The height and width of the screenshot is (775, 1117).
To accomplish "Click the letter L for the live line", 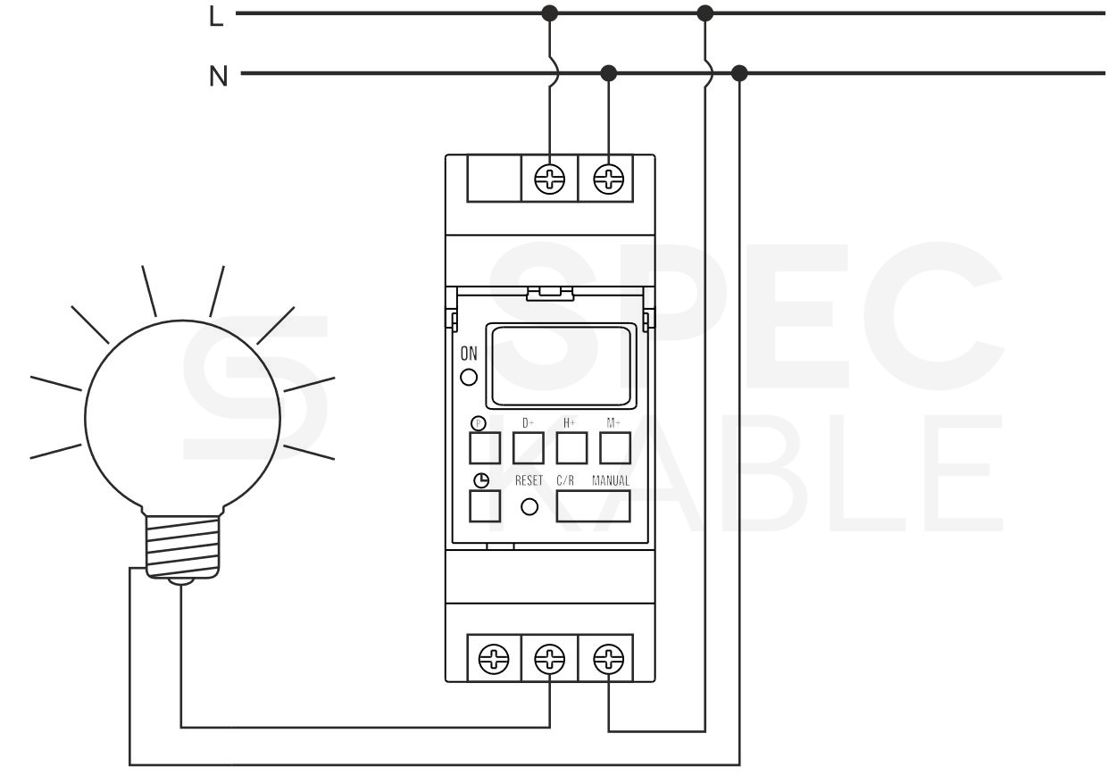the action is pyautogui.click(x=216, y=16).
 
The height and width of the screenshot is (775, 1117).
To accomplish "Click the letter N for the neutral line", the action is pyautogui.click(x=219, y=76).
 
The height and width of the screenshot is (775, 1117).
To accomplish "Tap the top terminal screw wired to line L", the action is pyautogui.click(x=549, y=179).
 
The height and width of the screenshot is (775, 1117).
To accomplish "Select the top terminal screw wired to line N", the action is pyautogui.click(x=608, y=179).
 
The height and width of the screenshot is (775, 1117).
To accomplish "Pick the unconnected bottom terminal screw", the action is pyautogui.click(x=494, y=659).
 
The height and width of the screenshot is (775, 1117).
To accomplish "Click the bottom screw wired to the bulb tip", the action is pyautogui.click(x=549, y=659).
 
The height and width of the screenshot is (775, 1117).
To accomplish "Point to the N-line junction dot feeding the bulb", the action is pyautogui.click(x=739, y=73).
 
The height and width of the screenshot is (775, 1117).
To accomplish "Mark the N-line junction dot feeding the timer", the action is pyautogui.click(x=608, y=73).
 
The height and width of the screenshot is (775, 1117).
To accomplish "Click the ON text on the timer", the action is pyautogui.click(x=469, y=354).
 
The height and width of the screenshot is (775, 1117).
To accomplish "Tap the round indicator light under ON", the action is pyautogui.click(x=468, y=377).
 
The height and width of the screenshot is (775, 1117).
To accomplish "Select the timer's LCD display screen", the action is pyautogui.click(x=561, y=365).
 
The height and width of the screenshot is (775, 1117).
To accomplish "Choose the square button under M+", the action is pyautogui.click(x=615, y=448).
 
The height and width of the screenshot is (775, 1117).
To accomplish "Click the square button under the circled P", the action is pyautogui.click(x=485, y=448).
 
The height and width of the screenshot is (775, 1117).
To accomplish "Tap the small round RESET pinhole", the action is pyautogui.click(x=529, y=507).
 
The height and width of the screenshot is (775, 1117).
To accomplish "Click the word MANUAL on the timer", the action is pyautogui.click(x=611, y=480).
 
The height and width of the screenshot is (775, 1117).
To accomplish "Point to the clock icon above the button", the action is pyautogui.click(x=481, y=480).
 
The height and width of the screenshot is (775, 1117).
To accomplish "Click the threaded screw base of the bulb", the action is pyautogui.click(x=182, y=546).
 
